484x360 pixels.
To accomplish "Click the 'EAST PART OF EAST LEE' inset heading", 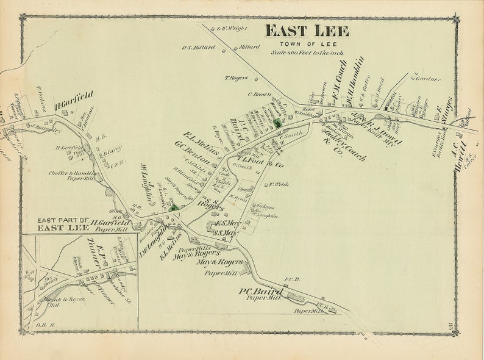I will pyautogui.click(x=63, y=224).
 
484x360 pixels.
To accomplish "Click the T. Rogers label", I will pyautogui.click(x=236, y=77).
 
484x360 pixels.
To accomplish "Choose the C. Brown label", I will pyautogui.click(x=258, y=94).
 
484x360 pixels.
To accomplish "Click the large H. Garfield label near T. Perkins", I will pyautogui.click(x=74, y=101).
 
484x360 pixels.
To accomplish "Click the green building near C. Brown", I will pyautogui.click(x=277, y=123).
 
